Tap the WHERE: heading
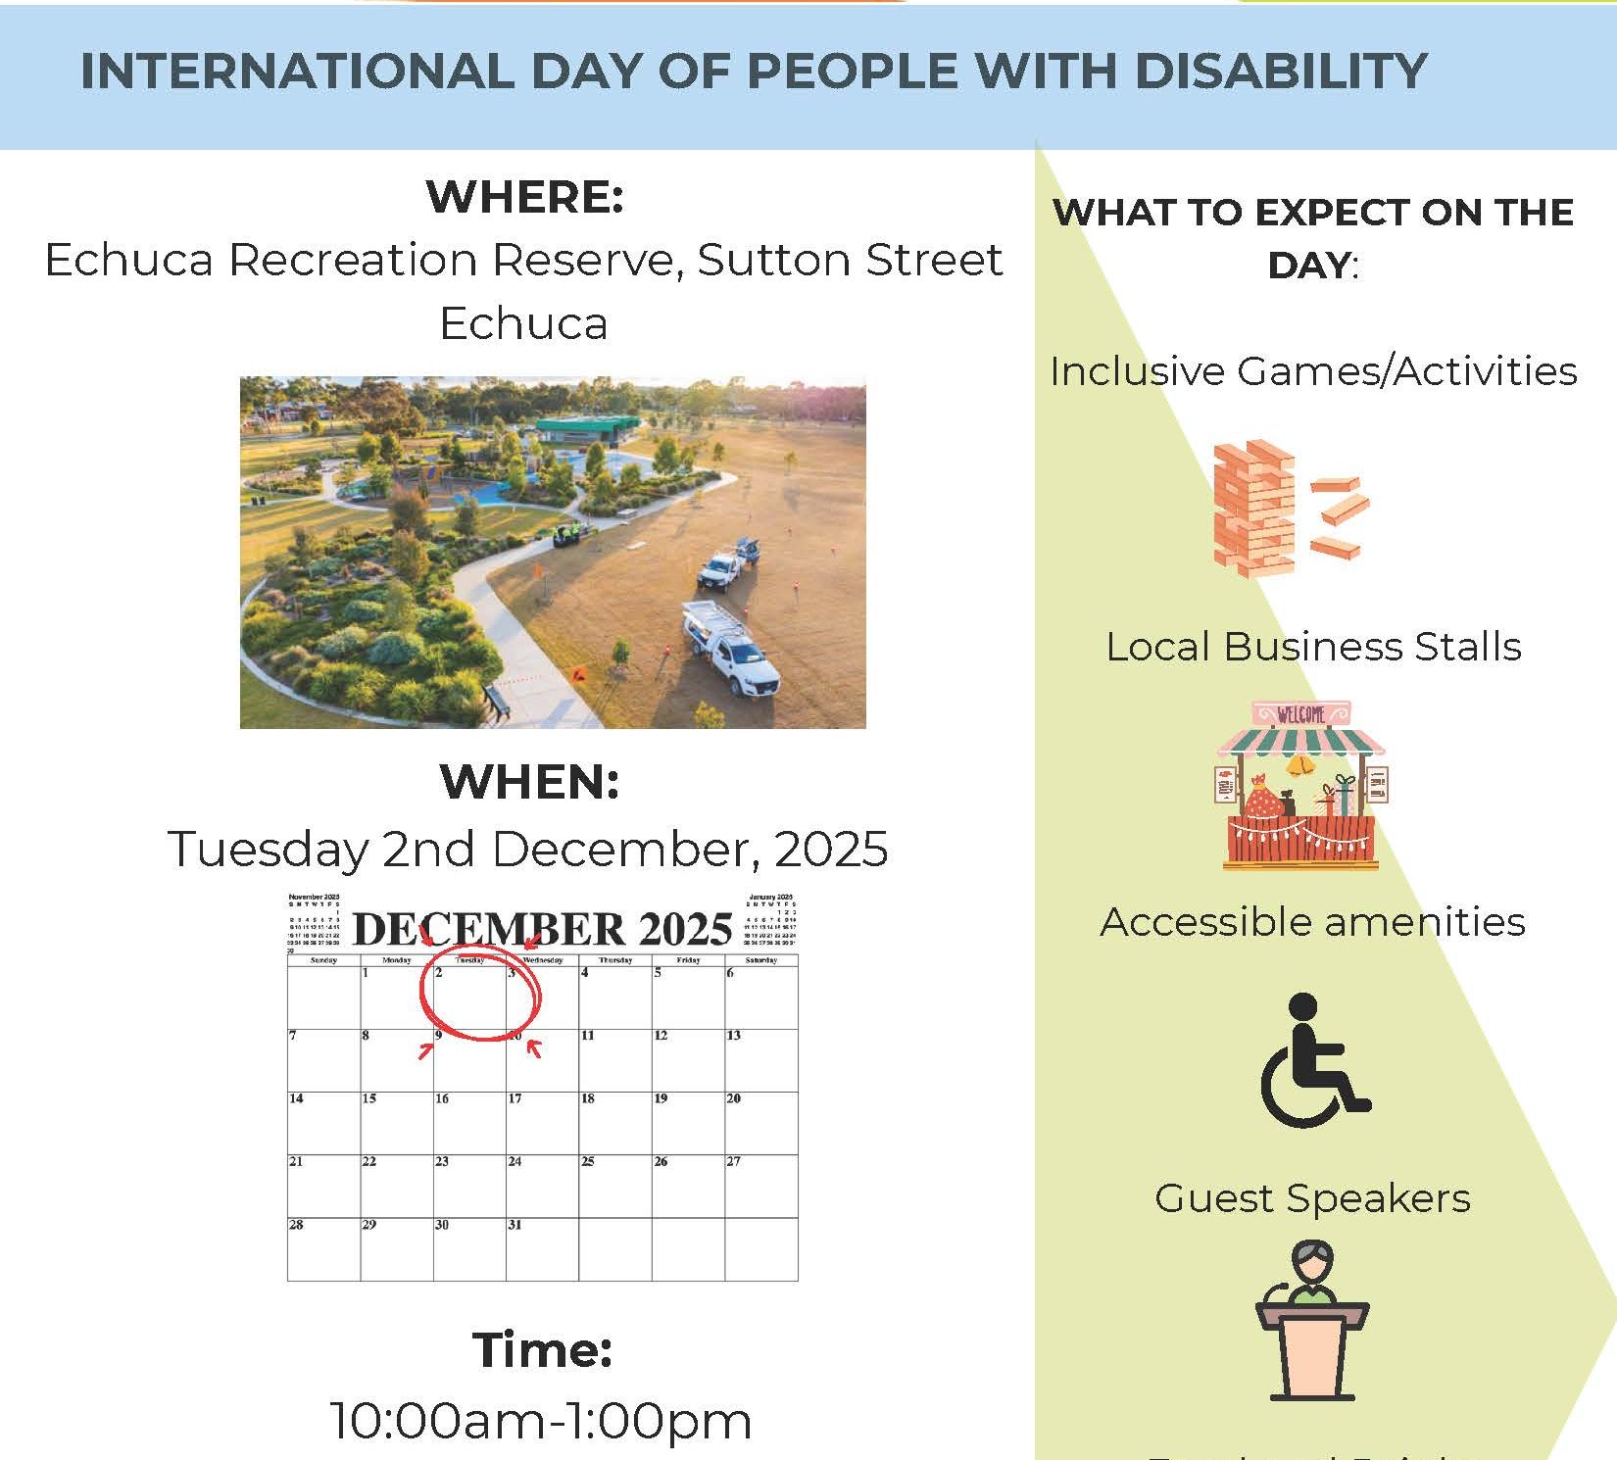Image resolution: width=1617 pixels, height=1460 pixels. pyautogui.click(x=524, y=197)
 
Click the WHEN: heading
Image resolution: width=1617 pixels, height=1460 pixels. pyautogui.click(x=529, y=782)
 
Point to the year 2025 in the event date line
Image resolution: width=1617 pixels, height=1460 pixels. pyautogui.click(x=831, y=849)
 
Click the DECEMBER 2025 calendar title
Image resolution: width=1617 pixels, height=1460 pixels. pyautogui.click(x=542, y=929)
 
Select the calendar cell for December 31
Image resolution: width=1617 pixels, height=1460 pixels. pyautogui.click(x=542, y=1249)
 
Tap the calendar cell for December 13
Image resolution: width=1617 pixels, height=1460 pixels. pyautogui.click(x=760, y=1060)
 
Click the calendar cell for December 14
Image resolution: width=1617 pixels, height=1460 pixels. pyautogui.click(x=323, y=1123)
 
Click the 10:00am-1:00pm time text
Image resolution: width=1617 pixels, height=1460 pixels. pyautogui.click(x=541, y=1421)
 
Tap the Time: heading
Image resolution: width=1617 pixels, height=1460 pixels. pyautogui.click(x=542, y=1349)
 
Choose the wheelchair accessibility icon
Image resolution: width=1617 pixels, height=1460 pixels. pyautogui.click(x=1313, y=1060)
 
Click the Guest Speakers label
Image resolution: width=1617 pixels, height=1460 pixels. pyautogui.click(x=1312, y=1198)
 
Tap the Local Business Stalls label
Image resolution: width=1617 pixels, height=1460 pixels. pyautogui.click(x=1313, y=647)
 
